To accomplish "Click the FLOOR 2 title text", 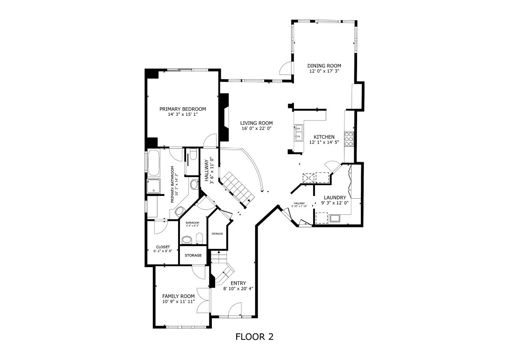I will (x=254, y=337).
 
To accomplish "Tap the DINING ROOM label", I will (x=324, y=66).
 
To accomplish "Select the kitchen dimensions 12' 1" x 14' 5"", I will (x=324, y=142).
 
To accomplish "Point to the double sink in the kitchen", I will (x=298, y=133).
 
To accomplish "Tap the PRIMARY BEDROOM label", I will (x=182, y=109).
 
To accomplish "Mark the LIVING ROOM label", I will (x=256, y=123).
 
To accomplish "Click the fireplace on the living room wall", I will (x=225, y=117).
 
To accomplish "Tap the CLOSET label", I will (x=163, y=247).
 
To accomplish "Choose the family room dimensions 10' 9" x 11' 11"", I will (x=178, y=301).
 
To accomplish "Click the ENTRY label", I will (x=238, y=283).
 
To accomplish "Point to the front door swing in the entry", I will (x=234, y=309).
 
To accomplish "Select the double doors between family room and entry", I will (x=203, y=300).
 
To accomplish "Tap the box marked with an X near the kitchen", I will (x=309, y=177).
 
